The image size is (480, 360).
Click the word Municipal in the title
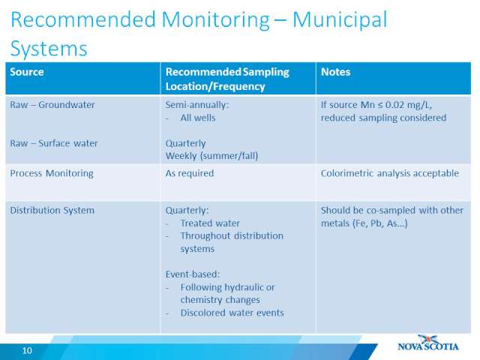(340, 20)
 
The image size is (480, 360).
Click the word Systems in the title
(49, 49)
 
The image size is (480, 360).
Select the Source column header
(27, 72)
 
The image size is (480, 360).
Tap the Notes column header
(335, 72)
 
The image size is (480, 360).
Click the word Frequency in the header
(239, 87)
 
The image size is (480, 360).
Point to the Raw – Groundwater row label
(52, 105)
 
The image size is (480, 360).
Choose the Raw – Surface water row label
(53, 143)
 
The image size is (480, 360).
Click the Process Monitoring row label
(52, 173)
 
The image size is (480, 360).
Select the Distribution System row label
(52, 211)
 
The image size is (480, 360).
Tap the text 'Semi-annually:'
(197, 105)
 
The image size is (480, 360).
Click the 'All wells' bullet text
(198, 118)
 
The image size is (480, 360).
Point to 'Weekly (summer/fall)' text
(211, 156)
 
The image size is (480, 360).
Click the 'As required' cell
(190, 173)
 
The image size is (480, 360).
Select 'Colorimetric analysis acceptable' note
(390, 173)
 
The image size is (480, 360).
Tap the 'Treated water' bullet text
(210, 223)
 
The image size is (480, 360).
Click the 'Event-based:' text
(193, 274)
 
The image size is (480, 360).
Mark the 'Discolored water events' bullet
(232, 313)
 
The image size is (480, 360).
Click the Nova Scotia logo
(428, 343)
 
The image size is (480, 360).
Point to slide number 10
(27, 350)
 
